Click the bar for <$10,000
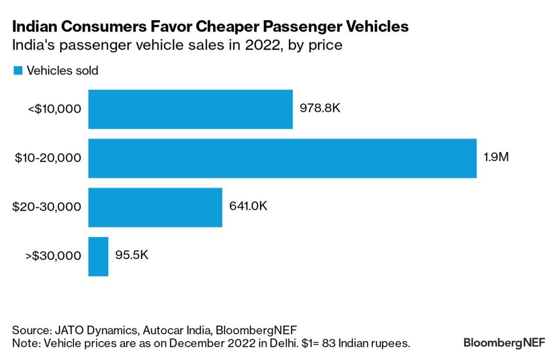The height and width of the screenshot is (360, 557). (190, 109)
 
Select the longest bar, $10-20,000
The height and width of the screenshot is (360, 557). (282, 158)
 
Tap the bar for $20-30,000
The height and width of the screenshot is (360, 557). (155, 207)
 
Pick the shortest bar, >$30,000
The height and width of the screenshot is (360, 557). (98, 256)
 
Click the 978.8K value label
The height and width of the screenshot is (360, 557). (320, 108)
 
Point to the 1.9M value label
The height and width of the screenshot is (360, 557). (496, 157)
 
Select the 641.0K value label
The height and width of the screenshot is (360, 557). (248, 206)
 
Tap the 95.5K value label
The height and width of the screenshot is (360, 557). (132, 255)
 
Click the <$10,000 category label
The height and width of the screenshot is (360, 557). (54, 109)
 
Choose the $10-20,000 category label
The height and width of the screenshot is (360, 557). (48, 158)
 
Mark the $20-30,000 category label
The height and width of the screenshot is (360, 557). (47, 207)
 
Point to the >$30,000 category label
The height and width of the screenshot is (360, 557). (53, 256)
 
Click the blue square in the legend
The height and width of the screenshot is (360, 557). (18, 70)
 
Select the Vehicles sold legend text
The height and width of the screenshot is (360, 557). (63, 71)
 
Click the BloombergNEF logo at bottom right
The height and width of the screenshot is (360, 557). (504, 343)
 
